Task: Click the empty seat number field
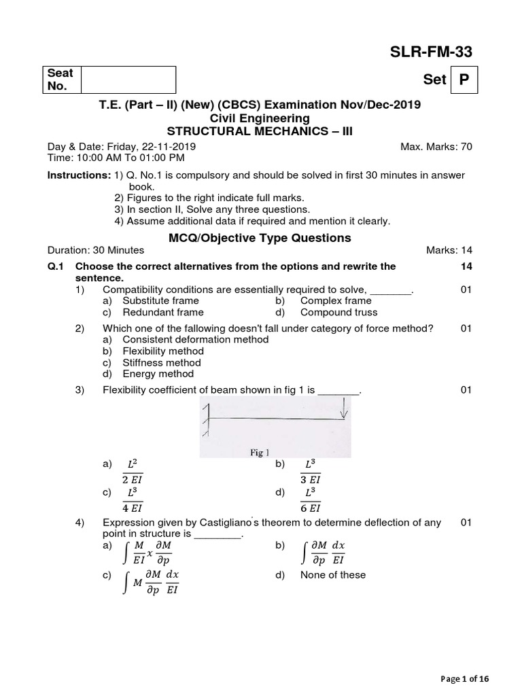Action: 128,80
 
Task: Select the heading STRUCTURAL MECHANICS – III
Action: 260,130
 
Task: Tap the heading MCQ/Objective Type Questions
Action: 260,238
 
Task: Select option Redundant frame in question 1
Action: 162,313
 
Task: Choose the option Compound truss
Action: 338,313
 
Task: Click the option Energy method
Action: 158,374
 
